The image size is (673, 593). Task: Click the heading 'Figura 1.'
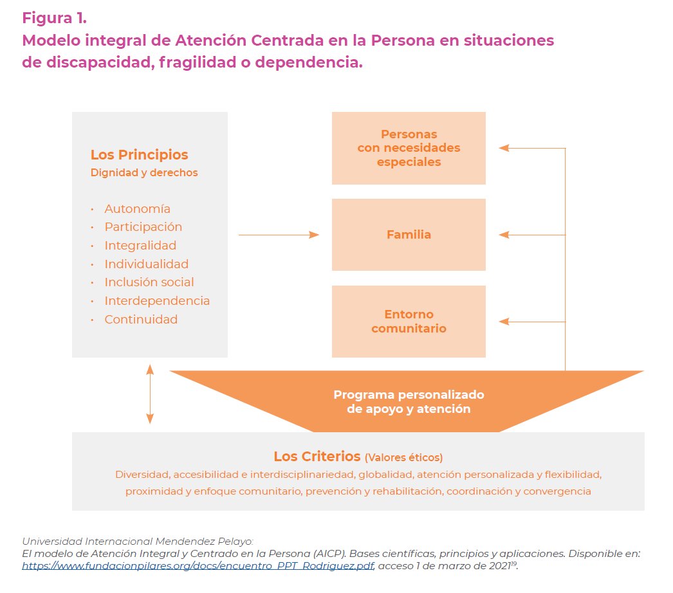pos(55,18)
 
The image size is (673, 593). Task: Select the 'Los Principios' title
pos(139,154)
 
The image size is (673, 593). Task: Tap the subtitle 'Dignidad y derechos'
pos(143,172)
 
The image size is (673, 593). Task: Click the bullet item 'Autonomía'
pos(137,208)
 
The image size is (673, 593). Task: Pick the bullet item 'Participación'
pos(143,227)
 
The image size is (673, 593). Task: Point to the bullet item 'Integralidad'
pos(140,246)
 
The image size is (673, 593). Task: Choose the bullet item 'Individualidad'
pos(146,264)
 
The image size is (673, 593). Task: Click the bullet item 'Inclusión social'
pos(149,282)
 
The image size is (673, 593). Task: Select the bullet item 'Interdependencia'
pos(157,301)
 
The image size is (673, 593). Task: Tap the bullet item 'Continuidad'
pos(141,319)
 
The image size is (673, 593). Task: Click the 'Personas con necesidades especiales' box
pos(409,148)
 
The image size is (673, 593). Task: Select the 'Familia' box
pos(409,235)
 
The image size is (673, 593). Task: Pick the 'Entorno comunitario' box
pos(409,322)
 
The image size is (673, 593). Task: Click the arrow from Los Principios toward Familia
pos(279,235)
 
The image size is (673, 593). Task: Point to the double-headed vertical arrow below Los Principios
pos(150,394)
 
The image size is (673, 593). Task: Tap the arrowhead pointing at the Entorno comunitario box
pos(504,322)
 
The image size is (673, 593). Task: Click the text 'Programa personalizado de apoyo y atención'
pos(409,401)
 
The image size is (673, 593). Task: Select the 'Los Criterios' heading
pos(317,456)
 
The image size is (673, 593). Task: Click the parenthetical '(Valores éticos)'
pos(403,457)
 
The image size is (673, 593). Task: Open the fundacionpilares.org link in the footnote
pos(198,565)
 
